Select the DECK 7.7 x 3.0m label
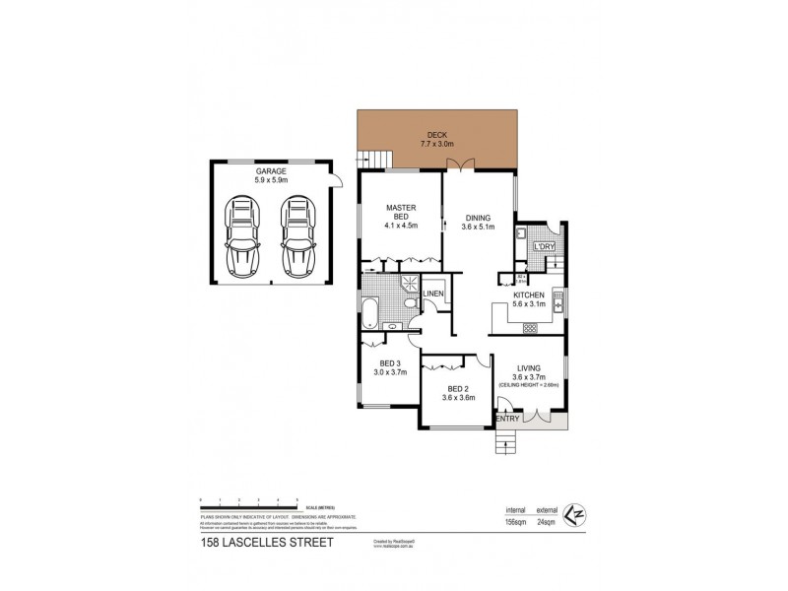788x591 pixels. tap(436, 140)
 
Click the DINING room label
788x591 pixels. tap(477, 222)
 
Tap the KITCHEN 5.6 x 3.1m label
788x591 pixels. tap(529, 299)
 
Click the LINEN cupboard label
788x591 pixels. tap(434, 295)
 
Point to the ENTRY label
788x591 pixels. tap(507, 420)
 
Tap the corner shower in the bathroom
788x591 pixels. tap(406, 286)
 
